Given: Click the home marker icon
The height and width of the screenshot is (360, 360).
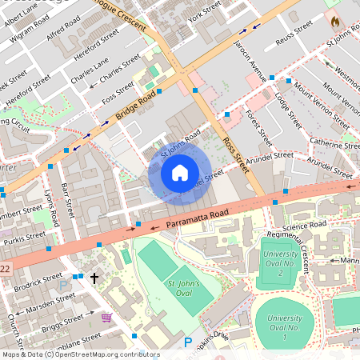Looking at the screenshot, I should point(180,172).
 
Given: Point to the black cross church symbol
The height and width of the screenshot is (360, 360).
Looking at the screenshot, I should point(94,278).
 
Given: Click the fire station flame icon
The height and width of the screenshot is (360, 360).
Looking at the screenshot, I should point(334,20).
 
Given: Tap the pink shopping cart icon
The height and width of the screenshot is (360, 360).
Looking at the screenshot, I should point(106,317).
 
